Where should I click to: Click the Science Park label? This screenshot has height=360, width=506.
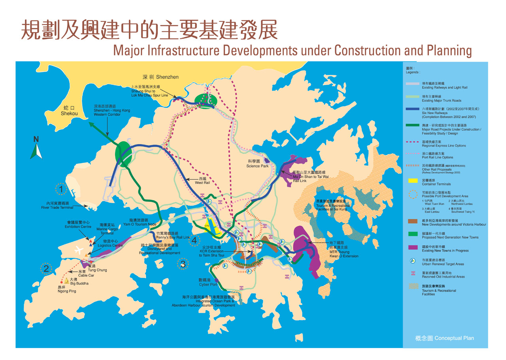[257, 164]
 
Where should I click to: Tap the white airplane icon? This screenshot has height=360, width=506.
[78, 250]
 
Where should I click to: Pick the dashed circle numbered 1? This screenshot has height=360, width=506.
[61, 189]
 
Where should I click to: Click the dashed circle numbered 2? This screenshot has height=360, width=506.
[46, 269]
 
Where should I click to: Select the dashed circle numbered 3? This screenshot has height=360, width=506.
[183, 264]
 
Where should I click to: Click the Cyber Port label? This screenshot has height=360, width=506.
[208, 282]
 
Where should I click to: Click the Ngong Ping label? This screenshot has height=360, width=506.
[66, 289]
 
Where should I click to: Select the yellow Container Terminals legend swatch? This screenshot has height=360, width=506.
[413, 180]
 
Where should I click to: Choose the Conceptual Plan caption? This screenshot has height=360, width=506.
[444, 338]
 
